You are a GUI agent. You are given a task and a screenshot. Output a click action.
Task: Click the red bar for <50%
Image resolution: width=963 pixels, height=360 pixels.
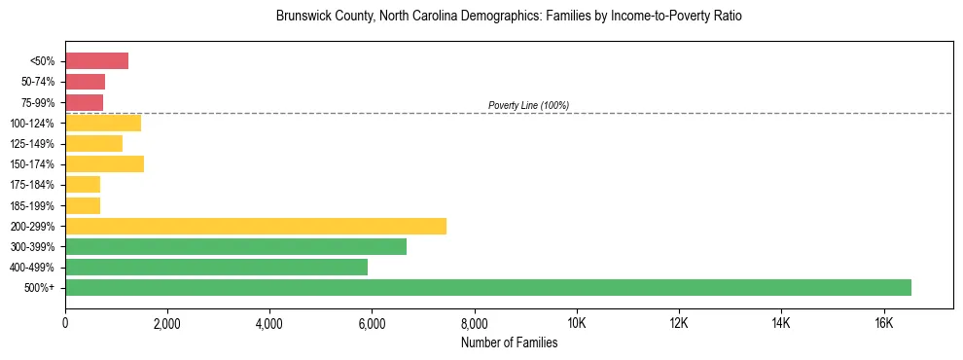(x=96, y=61)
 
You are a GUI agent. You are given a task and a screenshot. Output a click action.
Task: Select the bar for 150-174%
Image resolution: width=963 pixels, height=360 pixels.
(x=104, y=164)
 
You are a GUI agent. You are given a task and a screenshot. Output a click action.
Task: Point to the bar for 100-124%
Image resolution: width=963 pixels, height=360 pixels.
(x=103, y=123)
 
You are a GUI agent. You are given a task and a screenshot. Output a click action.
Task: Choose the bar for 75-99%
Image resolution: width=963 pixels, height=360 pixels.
(x=84, y=102)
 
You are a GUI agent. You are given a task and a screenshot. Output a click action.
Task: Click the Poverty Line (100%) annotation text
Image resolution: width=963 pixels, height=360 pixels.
(x=528, y=105)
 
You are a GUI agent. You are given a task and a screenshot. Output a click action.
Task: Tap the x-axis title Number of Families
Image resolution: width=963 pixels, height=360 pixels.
(x=509, y=342)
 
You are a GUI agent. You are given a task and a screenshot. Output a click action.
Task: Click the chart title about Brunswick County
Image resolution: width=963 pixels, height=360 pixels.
(x=509, y=17)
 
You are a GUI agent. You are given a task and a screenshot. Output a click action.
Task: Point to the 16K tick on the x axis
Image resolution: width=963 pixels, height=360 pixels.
(x=883, y=323)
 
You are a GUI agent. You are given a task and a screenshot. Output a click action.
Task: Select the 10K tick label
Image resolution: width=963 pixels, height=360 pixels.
(x=577, y=323)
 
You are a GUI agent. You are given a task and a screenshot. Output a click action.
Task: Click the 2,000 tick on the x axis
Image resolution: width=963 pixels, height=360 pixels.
(x=167, y=323)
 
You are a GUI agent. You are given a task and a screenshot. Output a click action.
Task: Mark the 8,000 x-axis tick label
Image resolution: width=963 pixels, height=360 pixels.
(x=474, y=323)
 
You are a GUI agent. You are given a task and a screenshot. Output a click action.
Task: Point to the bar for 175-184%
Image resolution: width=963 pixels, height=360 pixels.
(x=83, y=185)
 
